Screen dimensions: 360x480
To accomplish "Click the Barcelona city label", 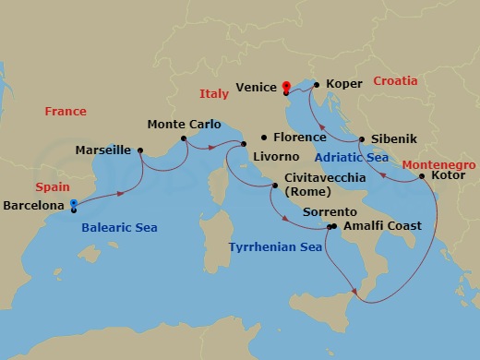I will (x=32, y=205).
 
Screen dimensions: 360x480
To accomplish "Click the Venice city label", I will (x=256, y=88).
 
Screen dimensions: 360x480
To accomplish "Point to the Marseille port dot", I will (x=140, y=150).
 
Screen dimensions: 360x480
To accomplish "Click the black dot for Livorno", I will (x=244, y=144).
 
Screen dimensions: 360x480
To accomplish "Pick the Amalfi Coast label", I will (x=382, y=225).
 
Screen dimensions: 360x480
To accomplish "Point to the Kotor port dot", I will (x=422, y=175).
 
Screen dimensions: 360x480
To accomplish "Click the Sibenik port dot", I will (x=362, y=140).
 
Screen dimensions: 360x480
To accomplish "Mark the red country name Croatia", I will (x=395, y=81).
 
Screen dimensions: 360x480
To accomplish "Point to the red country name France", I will (x=66, y=112).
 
